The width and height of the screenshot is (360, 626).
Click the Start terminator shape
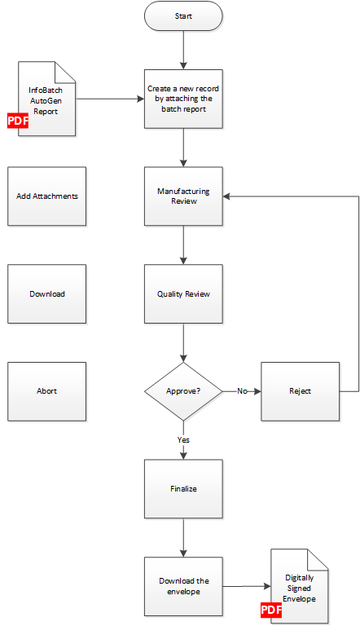pos(183,16)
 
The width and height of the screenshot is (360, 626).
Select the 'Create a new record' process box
pos(183,99)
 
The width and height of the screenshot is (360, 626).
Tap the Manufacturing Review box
pos(183,196)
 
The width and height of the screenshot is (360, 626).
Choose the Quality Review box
pos(183,293)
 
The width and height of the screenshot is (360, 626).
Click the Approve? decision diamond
pos(183,391)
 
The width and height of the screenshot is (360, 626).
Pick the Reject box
pos(300,391)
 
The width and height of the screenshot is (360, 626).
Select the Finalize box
pos(183,489)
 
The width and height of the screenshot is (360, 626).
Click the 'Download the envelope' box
pos(183,587)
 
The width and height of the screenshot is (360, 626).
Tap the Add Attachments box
pos(46,196)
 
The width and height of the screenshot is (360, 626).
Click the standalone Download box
pos(46,293)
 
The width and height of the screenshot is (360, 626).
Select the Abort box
pos(46,391)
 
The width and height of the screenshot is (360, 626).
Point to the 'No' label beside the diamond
pos(242,391)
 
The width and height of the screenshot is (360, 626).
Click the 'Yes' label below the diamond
pos(183,440)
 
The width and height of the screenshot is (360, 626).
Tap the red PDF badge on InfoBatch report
pos(18,121)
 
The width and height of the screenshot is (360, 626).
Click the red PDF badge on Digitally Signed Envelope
pos(271,610)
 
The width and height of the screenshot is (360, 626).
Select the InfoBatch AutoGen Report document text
pos(46,101)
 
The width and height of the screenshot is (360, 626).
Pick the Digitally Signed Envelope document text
pos(300,588)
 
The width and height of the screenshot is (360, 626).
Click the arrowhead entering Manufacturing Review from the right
pos(226,196)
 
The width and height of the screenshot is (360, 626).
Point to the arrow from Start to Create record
pos(183,51)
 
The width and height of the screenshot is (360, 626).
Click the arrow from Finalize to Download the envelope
pos(183,538)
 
